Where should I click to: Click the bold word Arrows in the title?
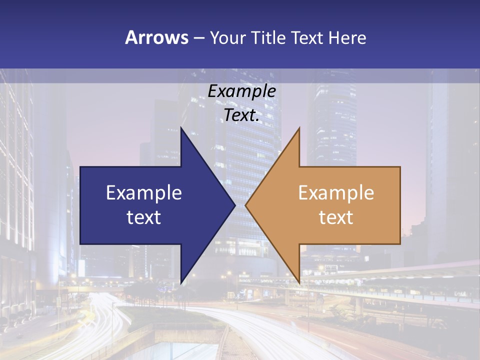[x=156, y=38]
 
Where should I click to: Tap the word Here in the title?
[x=347, y=38]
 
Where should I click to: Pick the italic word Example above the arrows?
[x=241, y=91]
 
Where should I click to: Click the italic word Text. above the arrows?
[x=241, y=115]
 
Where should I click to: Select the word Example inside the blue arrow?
[x=143, y=192]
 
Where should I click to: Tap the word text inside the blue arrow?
[x=143, y=217]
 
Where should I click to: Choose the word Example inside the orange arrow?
[x=336, y=192]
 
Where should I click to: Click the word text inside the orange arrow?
[x=336, y=217]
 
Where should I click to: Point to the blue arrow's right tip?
[x=234, y=205]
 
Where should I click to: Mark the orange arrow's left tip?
[x=246, y=205]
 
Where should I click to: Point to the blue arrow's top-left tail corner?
[x=81, y=167]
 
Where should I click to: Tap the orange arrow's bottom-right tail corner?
[x=399, y=243]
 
